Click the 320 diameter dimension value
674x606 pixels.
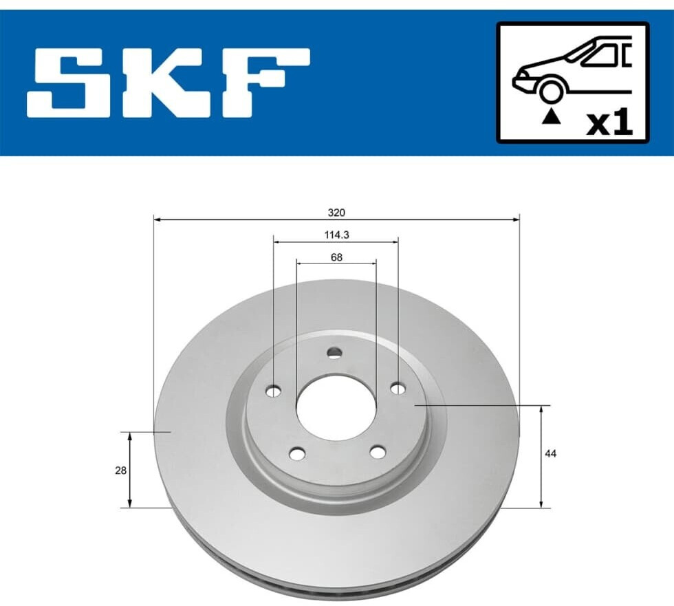click(336, 213)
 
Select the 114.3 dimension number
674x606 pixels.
click(336, 235)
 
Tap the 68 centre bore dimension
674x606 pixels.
click(336, 257)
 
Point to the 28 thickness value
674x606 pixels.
click(121, 470)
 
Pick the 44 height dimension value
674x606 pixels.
click(550, 453)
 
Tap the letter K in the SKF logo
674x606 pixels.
click(176, 83)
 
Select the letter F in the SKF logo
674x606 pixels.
click(267, 83)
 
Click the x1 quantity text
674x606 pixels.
click(610, 123)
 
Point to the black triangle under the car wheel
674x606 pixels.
click(552, 117)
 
